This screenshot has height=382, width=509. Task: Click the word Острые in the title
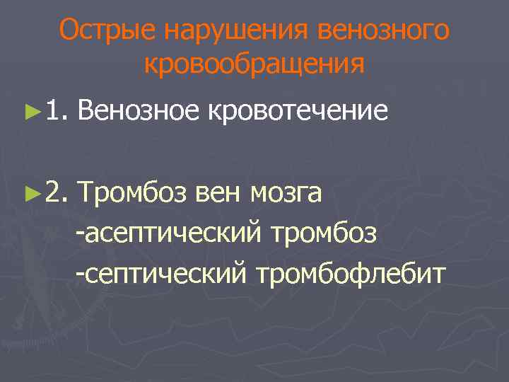click(x=106, y=30)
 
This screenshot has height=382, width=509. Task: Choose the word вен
click(x=213, y=191)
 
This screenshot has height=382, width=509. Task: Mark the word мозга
click(x=286, y=191)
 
